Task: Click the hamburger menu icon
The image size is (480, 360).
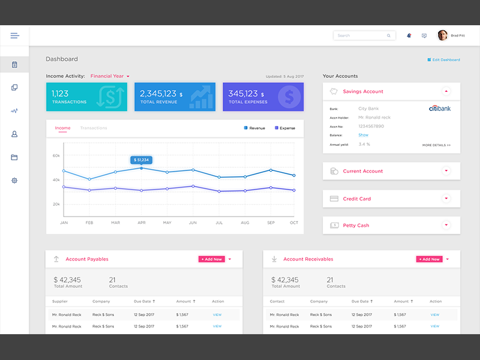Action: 14,35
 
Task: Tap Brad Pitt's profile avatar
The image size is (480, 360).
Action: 443,35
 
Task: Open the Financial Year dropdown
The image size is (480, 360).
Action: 110,76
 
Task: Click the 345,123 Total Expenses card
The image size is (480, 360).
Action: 263,97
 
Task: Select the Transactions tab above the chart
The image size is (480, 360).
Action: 94,128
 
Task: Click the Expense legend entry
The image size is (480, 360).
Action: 284,128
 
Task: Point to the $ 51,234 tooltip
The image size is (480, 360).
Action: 142,160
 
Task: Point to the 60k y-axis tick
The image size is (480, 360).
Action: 56,155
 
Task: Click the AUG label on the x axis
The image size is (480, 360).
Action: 245,223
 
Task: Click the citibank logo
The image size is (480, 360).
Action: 439,109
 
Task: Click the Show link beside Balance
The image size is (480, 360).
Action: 363,135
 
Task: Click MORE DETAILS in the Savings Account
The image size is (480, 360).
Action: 436,145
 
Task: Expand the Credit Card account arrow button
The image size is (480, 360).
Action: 446,199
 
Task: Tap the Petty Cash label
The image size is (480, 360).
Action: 356,226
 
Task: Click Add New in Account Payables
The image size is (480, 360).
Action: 211,259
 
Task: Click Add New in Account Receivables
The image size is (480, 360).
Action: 429,259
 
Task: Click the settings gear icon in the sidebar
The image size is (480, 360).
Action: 14,181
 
